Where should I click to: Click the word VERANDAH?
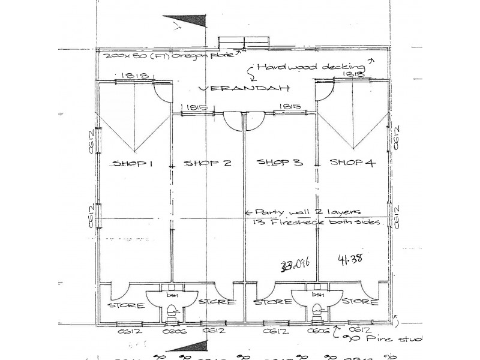coord(244,88)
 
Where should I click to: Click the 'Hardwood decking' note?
coord(310,67)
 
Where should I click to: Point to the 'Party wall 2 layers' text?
coord(307,212)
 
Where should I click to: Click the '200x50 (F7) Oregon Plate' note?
coord(171,55)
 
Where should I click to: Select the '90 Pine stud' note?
coord(385,338)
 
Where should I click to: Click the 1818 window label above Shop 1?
coord(131,76)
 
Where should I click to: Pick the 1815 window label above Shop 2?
coord(196,107)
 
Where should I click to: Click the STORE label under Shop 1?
coord(126,305)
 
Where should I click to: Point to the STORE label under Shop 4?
coord(359,302)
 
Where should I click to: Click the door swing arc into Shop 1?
coord(161,93)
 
